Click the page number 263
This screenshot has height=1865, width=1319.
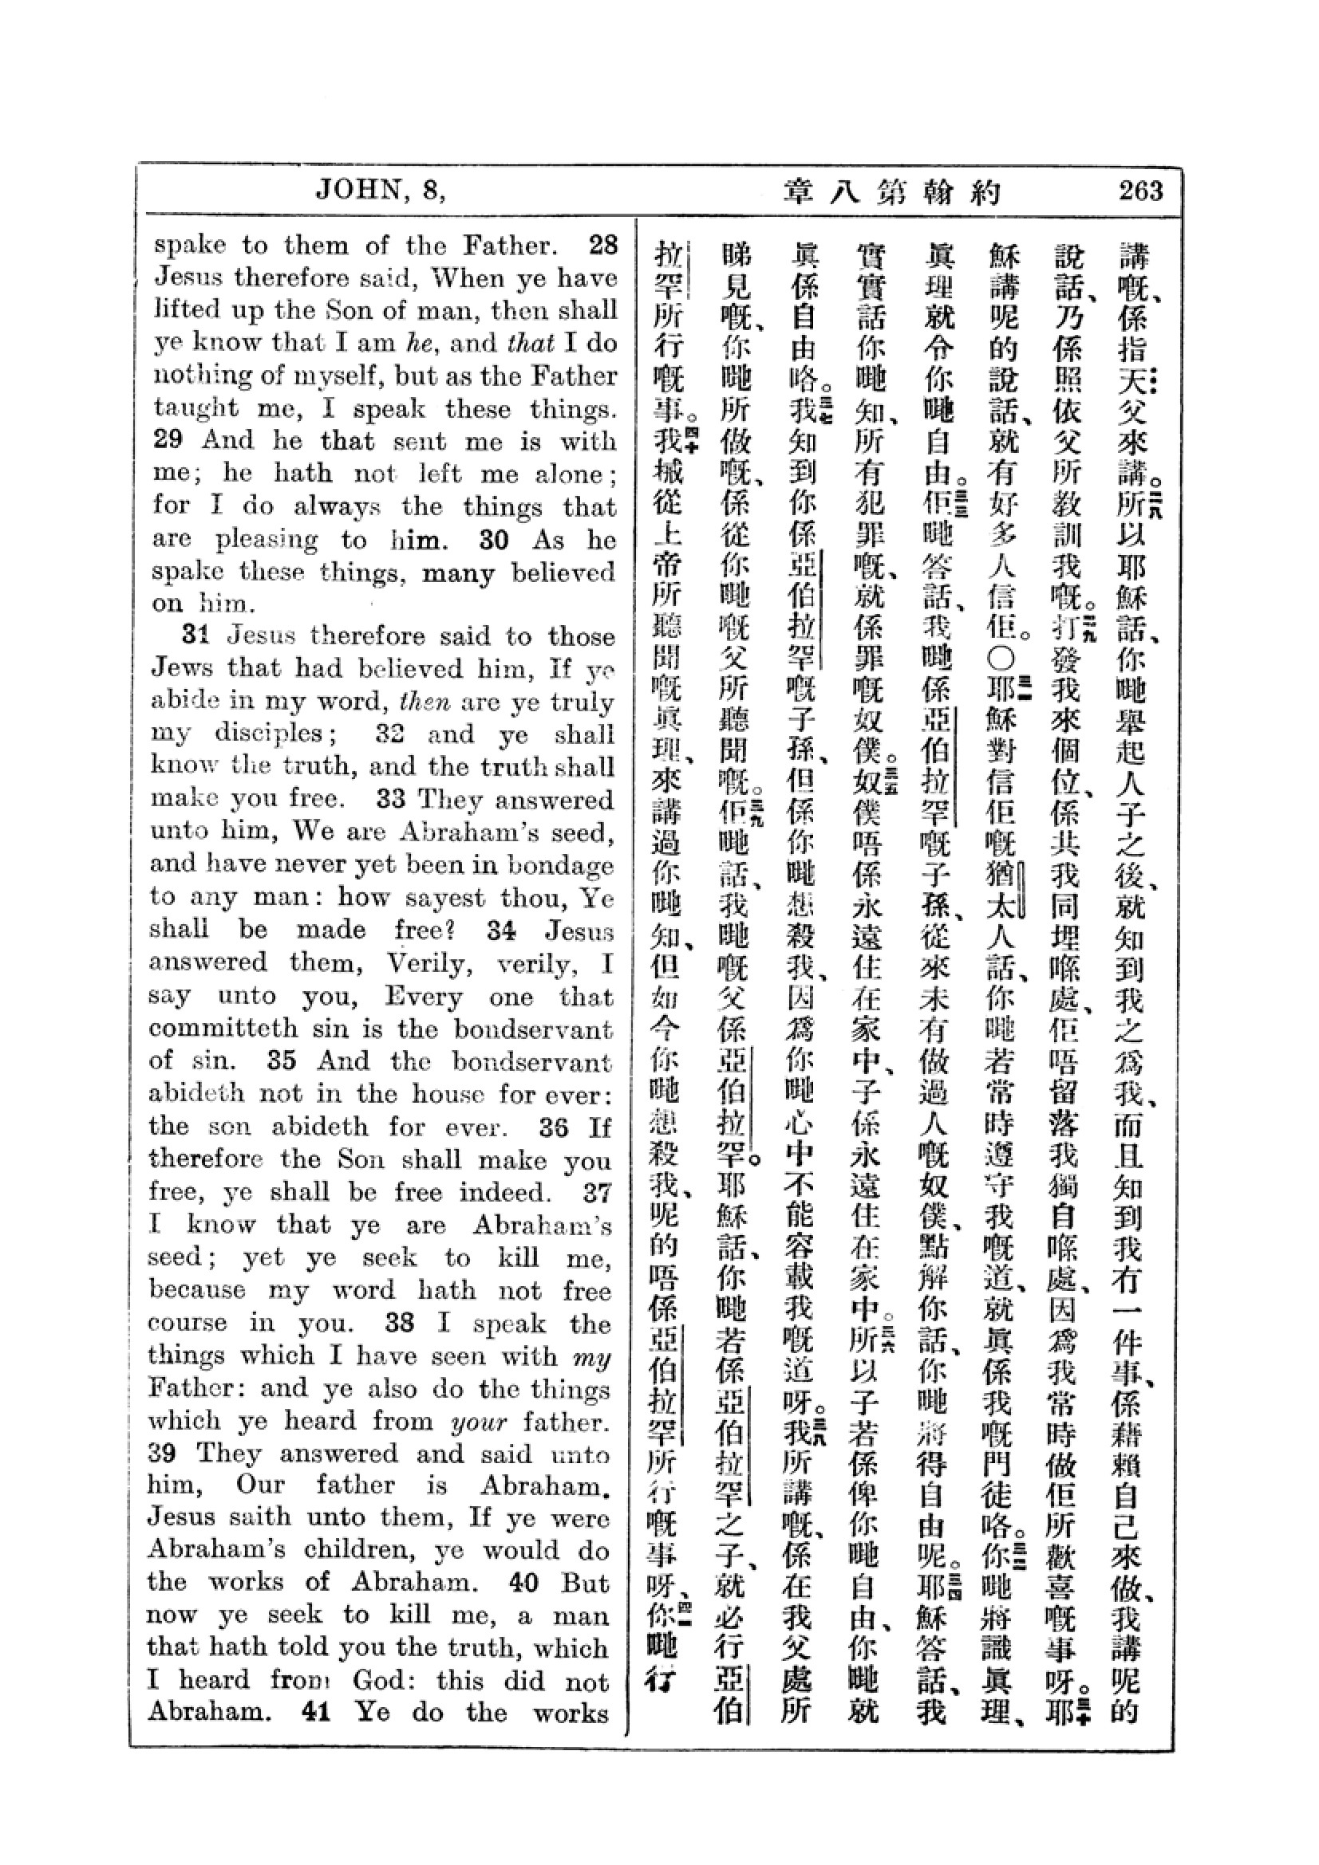pos(1139,191)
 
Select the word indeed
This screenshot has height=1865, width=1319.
pos(504,1192)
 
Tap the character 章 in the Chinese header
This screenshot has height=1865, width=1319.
pos(800,191)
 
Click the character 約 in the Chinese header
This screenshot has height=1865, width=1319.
pos(985,191)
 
